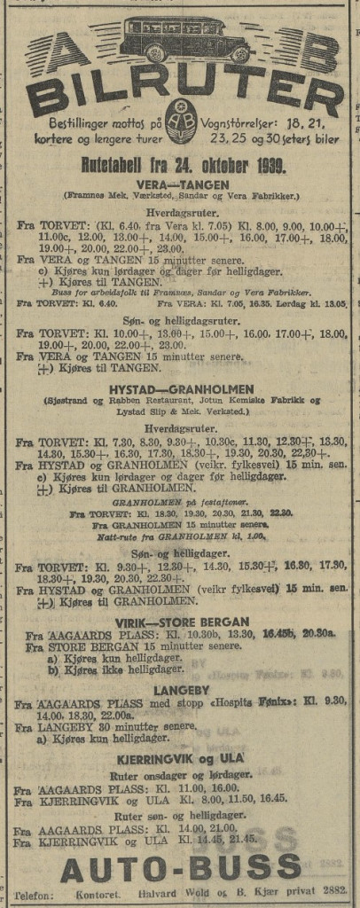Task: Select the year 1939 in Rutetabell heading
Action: [265, 165]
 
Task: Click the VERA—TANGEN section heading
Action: [181, 184]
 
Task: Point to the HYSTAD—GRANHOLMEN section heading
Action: [181, 388]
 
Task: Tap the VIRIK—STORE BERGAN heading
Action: [181, 622]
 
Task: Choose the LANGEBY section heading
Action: [181, 688]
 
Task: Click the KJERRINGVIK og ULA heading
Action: [181, 759]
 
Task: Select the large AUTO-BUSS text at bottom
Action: [181, 867]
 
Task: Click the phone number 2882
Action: [333, 893]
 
